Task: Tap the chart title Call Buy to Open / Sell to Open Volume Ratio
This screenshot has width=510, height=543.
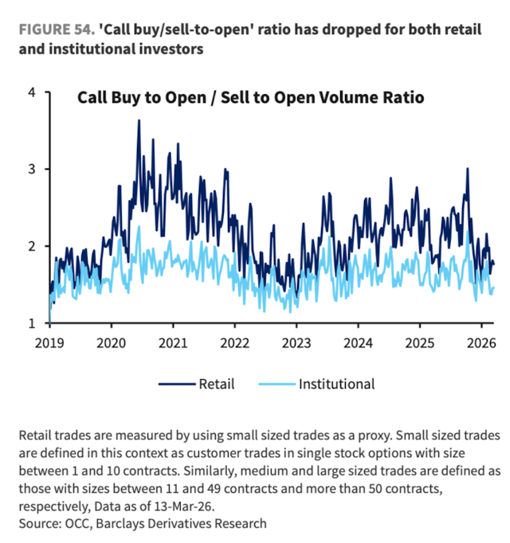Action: (250, 99)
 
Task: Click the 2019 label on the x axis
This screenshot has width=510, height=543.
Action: (49, 344)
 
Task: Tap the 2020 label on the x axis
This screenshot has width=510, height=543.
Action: (111, 344)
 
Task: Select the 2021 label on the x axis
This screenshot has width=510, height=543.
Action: (173, 344)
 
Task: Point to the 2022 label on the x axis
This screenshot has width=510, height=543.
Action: (234, 344)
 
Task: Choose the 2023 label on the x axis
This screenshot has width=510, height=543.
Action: (296, 344)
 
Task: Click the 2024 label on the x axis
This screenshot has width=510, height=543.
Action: (358, 344)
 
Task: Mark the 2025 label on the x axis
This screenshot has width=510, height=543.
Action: (419, 344)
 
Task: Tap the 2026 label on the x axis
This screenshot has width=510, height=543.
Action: (481, 344)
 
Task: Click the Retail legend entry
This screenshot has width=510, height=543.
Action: (217, 384)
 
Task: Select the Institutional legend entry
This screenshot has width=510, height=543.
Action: (336, 384)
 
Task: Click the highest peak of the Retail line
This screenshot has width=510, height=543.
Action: (139, 121)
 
